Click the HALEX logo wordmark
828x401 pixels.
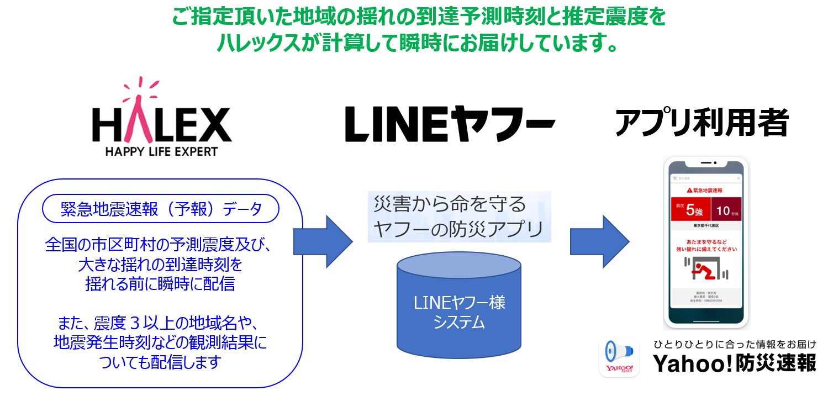click(x=161, y=124)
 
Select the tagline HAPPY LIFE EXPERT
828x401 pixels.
click(x=162, y=151)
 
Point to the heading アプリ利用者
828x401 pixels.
click(x=702, y=123)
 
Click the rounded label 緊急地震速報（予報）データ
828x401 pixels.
click(x=161, y=210)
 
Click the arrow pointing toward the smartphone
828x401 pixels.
click(x=599, y=240)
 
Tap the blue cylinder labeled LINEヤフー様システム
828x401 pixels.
click(x=458, y=312)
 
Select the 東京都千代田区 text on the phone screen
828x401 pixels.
click(x=705, y=226)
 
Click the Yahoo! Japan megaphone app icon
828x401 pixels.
click(x=619, y=358)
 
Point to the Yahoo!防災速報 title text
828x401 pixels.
click(x=735, y=363)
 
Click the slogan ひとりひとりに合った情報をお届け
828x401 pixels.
click(x=735, y=344)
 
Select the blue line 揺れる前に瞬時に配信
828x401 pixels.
click(x=160, y=284)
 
